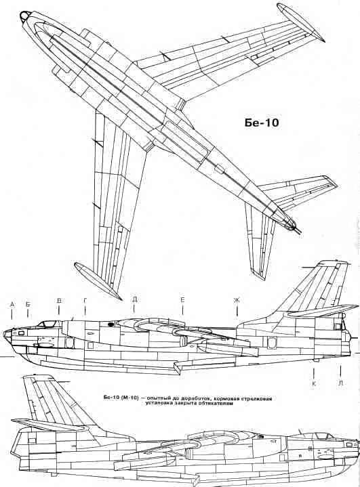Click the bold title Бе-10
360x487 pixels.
261,123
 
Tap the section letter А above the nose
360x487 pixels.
12,304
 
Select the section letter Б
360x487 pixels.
28,304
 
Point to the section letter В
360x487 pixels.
59,301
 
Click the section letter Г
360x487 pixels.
85,301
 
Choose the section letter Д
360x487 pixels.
135,299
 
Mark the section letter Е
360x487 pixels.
182,299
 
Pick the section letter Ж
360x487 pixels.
237,300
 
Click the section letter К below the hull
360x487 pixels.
314,384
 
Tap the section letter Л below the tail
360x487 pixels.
341,383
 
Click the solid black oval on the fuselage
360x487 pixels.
111,324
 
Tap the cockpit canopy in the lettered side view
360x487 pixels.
47,324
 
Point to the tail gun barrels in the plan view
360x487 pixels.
297,229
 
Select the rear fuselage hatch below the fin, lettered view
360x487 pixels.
272,343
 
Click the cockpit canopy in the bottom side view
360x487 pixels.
325,436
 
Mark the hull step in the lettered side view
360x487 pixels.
176,367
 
